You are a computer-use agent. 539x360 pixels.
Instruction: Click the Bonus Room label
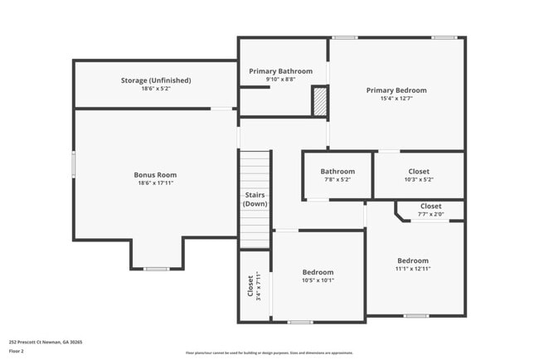tap(155, 175)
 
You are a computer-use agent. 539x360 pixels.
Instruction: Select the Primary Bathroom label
tap(281, 71)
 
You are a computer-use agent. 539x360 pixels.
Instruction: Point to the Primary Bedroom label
tap(396, 90)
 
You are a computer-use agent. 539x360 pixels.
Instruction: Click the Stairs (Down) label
tap(255, 199)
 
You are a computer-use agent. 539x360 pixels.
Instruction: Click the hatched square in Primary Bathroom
tap(319, 102)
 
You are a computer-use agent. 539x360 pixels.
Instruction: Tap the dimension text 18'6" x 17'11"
tap(155, 183)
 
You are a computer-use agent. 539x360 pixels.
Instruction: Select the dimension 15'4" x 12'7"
tap(396, 99)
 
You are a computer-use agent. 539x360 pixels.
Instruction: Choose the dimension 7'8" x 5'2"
tap(337, 179)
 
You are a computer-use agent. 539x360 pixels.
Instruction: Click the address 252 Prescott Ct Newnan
tap(46, 342)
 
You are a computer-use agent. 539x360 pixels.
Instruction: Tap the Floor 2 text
tap(17, 351)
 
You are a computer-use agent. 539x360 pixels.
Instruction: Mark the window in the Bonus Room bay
tap(157, 269)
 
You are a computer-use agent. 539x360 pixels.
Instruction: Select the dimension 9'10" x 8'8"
tap(281, 80)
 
